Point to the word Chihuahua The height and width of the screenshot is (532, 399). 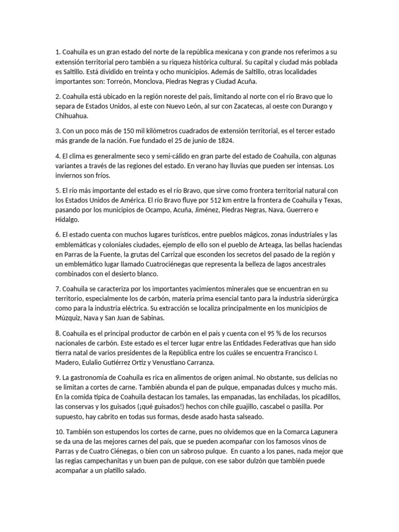click(73, 116)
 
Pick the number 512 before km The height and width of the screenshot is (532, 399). click(210, 201)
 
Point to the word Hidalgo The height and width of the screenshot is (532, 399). click(68, 221)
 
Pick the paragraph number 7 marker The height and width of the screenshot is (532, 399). click(57, 288)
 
